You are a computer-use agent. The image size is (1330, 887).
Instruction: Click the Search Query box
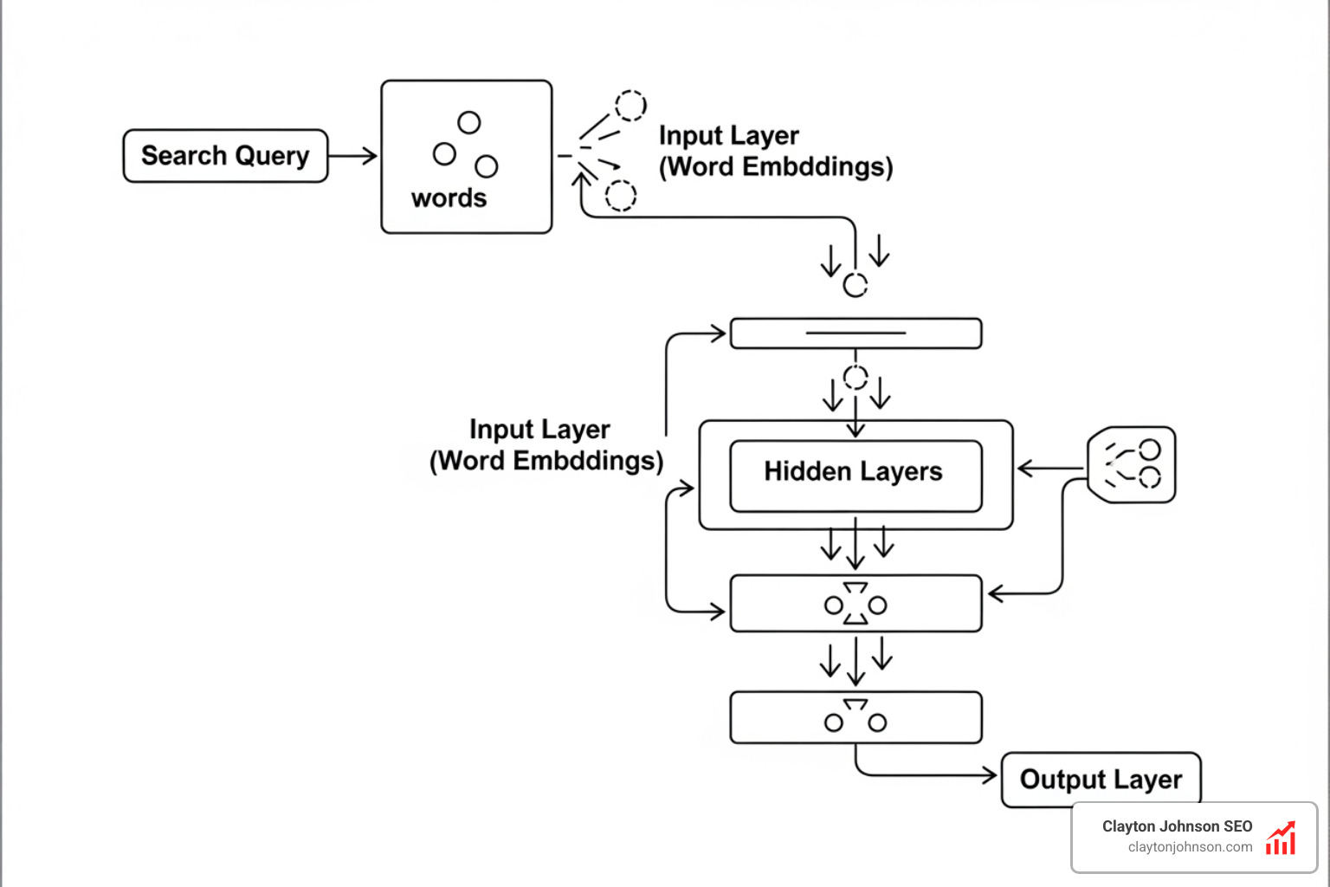[225, 156]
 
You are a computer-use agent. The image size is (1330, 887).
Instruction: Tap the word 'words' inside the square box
[449, 198]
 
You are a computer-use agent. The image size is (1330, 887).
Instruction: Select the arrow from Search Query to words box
[353, 156]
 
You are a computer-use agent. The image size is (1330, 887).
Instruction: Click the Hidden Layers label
[853, 471]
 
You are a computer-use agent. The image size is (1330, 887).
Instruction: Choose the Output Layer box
[1101, 780]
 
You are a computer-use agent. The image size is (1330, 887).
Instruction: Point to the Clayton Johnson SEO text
[1177, 826]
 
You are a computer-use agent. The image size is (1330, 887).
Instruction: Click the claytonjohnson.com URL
[1190, 847]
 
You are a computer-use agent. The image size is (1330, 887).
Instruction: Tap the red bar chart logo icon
[1281, 838]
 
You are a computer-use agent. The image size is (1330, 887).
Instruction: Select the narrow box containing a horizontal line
[855, 333]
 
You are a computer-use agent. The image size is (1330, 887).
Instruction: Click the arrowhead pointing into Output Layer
[989, 775]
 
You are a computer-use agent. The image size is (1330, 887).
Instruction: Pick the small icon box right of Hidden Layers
[1132, 464]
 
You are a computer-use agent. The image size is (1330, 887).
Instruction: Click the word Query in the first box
[272, 156]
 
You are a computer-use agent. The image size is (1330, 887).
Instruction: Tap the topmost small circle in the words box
[469, 123]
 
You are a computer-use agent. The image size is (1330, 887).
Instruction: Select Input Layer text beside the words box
[728, 136]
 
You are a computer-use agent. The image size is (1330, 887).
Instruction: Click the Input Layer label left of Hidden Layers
[540, 430]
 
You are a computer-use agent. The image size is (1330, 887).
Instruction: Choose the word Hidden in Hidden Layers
[807, 471]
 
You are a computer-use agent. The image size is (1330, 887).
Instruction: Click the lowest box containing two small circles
[855, 717]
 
